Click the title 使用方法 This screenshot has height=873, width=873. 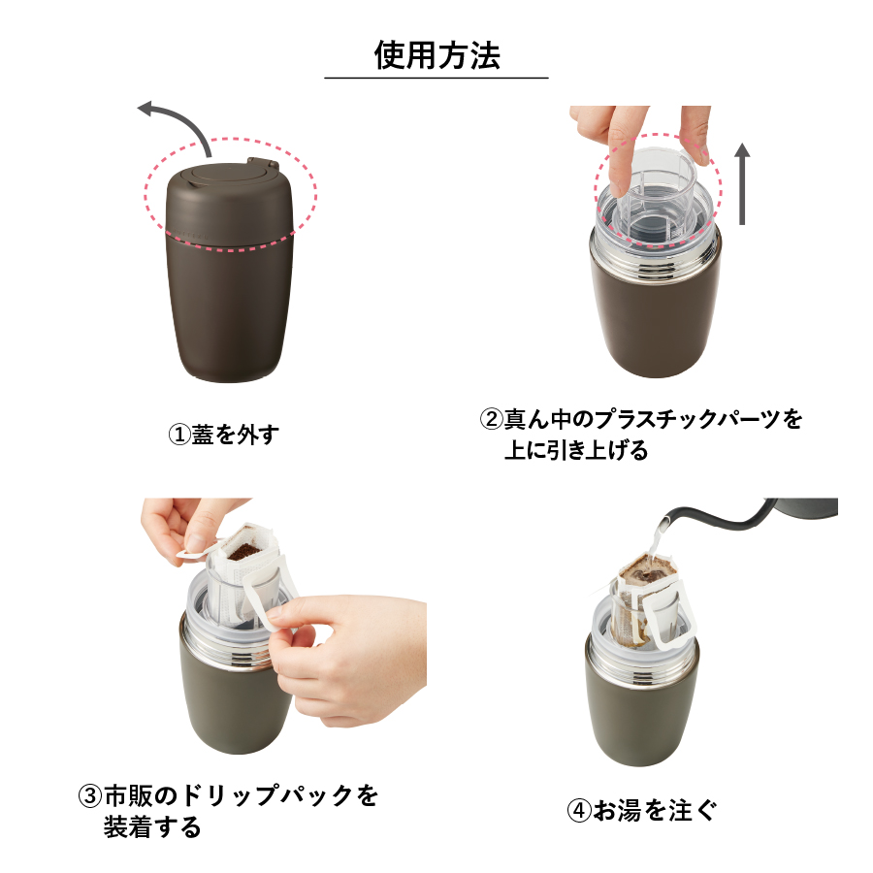(x=436, y=54)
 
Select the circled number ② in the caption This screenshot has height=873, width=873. (x=492, y=420)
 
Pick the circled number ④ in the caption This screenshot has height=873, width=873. (x=579, y=810)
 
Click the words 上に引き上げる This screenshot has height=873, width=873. (x=575, y=450)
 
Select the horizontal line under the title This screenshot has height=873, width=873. (x=436, y=78)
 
